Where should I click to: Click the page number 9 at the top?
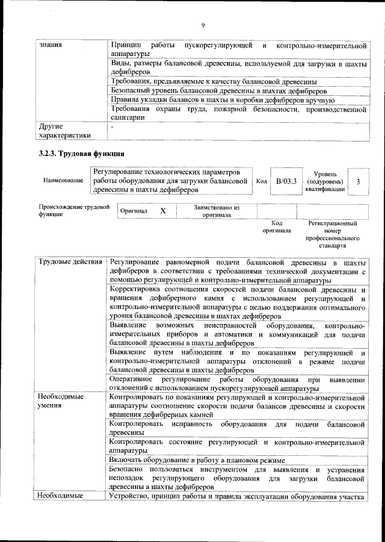203,25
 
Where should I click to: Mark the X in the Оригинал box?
162,211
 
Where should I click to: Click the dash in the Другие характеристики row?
111,127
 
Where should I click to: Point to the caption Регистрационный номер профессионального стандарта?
331,235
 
